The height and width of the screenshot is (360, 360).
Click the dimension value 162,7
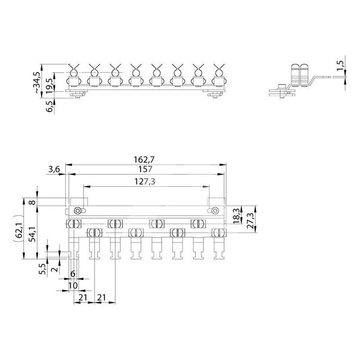144,160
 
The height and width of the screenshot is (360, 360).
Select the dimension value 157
145,169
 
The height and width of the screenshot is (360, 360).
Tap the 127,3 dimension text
144,182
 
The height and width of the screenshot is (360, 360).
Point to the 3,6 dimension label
54,170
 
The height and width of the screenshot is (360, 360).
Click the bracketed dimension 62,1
18,230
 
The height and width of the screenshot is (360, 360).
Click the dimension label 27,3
250,220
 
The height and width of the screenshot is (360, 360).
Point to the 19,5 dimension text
49,85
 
